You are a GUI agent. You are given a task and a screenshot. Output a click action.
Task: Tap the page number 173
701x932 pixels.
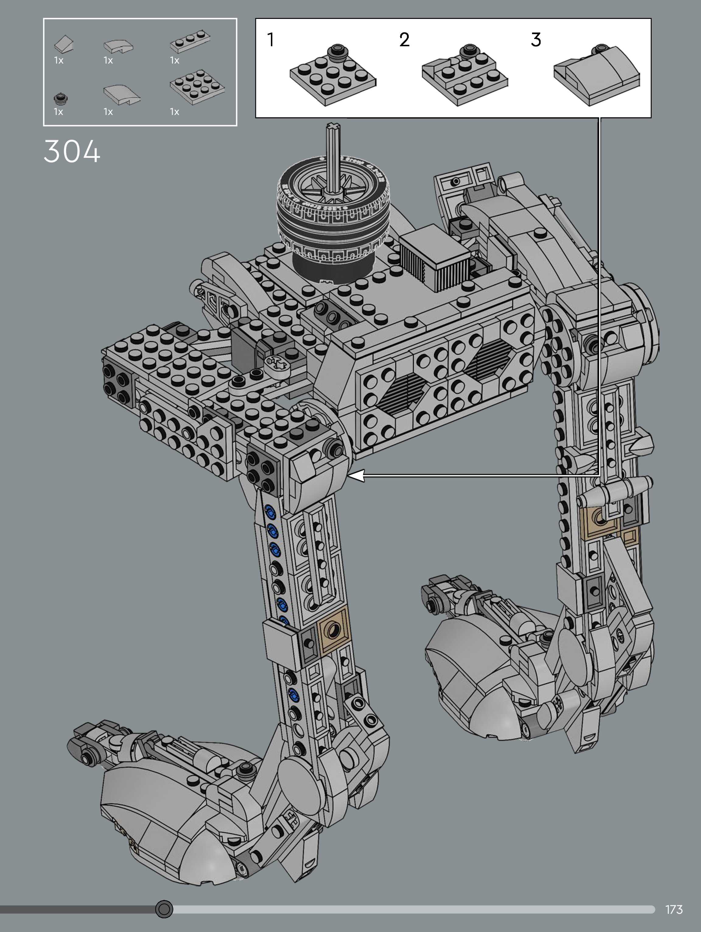coord(674,909)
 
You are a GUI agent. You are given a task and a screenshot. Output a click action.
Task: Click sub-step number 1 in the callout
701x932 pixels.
coord(271,40)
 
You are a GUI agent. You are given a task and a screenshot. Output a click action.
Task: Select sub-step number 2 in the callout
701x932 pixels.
coord(404,40)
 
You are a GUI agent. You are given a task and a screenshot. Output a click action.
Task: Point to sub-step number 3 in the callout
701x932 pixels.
coord(536,40)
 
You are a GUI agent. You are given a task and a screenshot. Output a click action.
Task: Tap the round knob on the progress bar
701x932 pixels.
coord(164,909)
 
